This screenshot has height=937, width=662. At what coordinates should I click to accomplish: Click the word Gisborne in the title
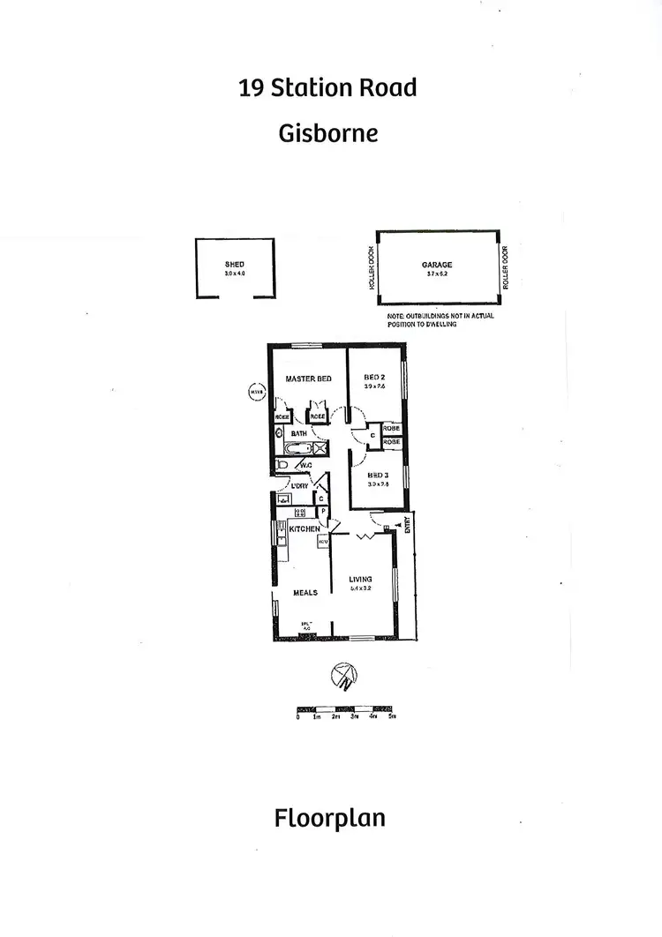pos(328,132)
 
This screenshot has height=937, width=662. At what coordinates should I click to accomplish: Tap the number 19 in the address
pos(250,87)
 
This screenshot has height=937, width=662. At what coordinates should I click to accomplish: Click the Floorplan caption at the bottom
pos(329,818)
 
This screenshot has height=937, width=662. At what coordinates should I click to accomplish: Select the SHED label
pos(235,264)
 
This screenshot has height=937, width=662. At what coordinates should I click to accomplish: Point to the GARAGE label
pos(436,264)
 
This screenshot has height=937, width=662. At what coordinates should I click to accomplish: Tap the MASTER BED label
pos(308,379)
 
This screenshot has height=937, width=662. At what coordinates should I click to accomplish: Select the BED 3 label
pos(378,474)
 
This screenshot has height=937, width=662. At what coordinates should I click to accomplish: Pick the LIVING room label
pos(360,579)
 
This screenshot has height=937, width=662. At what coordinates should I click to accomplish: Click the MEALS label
pos(305,592)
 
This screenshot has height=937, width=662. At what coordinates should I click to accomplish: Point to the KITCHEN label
pos(304,528)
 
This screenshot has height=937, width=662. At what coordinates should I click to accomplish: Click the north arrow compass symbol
pos(343,677)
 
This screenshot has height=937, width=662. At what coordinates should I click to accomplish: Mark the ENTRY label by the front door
pos(408,526)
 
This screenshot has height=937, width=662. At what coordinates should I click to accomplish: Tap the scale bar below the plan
pos(346,708)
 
